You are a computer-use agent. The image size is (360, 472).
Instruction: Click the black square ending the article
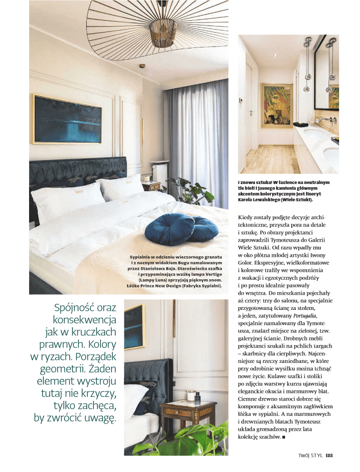[284, 437]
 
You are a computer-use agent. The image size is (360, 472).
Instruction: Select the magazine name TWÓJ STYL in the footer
[310, 455]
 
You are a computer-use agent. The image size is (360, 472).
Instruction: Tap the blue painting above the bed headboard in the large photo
[67, 119]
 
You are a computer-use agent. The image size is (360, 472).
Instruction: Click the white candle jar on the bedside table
[191, 396]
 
